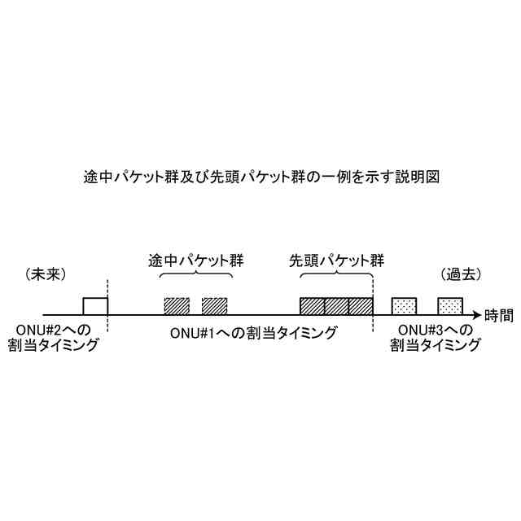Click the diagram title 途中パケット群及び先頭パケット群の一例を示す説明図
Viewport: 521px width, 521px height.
260,177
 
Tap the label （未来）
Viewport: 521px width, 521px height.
45,274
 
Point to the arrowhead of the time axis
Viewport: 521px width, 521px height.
476,315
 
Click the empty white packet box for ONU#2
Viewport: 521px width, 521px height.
95,306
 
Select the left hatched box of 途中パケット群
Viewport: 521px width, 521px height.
177,306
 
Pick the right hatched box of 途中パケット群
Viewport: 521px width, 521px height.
214,306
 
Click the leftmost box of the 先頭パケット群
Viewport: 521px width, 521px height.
312,306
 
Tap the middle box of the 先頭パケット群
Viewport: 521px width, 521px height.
336,306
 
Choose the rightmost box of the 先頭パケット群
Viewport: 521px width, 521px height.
361,306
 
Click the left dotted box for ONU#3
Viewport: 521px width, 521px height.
405,306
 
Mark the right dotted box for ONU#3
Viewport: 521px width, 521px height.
450,306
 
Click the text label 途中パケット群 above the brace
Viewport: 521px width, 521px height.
195,262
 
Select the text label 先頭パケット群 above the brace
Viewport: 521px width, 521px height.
336,262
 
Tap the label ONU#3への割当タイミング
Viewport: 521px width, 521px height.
433,337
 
